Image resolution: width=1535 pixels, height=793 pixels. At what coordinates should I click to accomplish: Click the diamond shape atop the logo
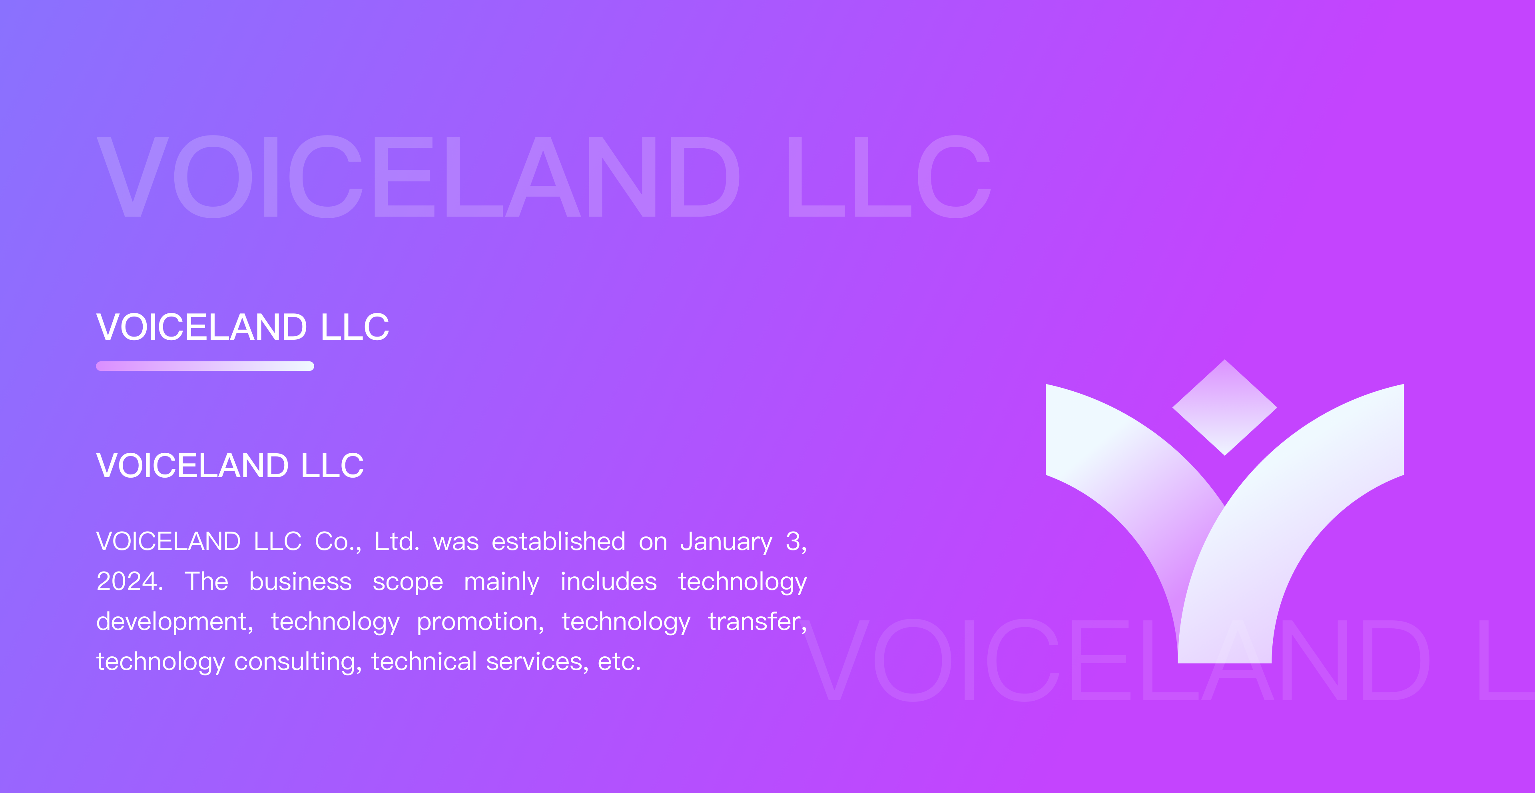point(1224,408)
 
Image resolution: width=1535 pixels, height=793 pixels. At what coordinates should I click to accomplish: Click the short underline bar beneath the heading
point(205,366)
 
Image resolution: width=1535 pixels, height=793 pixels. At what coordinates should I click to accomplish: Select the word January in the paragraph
point(726,542)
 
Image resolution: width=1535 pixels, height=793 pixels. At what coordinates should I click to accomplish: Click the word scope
point(408,583)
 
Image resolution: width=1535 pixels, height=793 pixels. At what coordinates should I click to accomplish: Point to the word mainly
point(502,582)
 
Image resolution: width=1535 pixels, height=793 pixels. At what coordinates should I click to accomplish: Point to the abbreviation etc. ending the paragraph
point(619,662)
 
